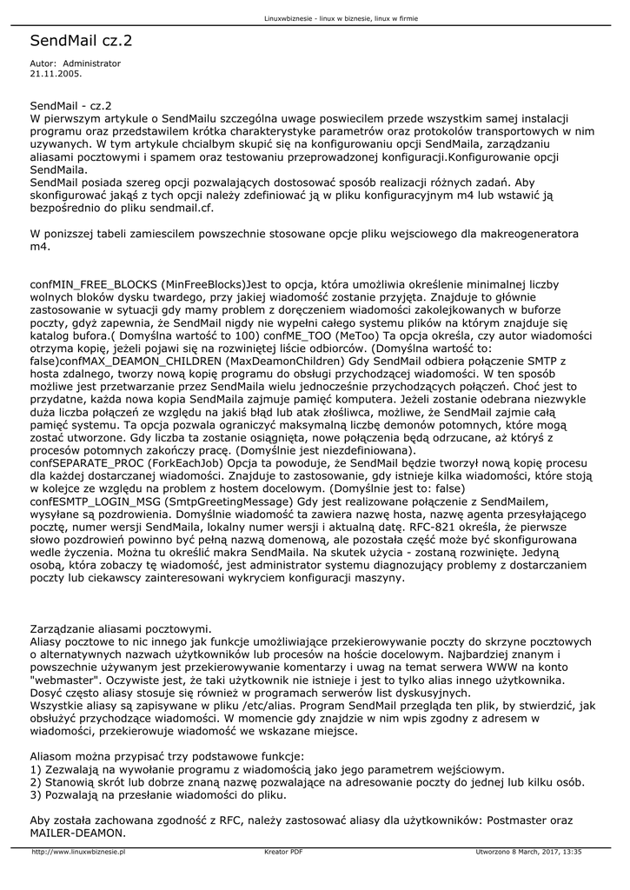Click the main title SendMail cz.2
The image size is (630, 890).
(81, 41)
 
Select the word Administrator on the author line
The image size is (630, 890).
(92, 63)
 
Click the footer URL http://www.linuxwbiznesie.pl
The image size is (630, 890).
(79, 852)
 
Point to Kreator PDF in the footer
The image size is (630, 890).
(283, 852)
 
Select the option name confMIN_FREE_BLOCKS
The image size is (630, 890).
(94, 283)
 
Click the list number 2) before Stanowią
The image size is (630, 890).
(36, 781)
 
